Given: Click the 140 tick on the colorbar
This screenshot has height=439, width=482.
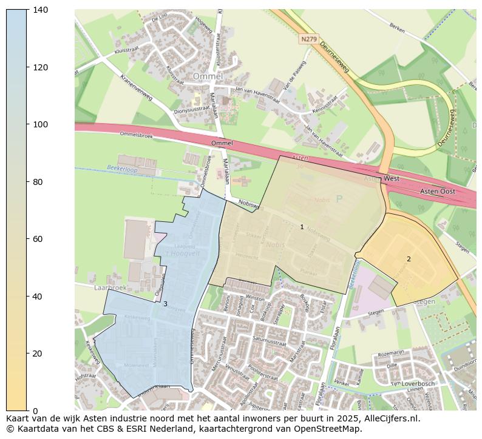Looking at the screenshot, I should click(27, 10).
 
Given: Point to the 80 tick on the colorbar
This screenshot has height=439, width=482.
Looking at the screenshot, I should click(27, 182).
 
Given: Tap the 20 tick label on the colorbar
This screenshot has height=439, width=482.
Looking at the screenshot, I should click(38, 354).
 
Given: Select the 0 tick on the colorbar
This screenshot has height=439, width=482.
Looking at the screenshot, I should click(27, 411).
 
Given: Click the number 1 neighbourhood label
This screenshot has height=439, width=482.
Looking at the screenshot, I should click(302, 227).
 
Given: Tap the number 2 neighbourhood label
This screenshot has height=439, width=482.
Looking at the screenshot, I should click(409, 259).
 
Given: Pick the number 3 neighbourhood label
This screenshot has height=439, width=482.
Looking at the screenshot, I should click(165, 304).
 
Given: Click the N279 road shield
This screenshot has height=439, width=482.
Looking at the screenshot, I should click(308, 39).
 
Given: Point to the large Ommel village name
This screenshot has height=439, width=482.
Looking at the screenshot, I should click(208, 76).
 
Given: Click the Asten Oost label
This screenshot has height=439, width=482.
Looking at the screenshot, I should click(438, 191).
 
